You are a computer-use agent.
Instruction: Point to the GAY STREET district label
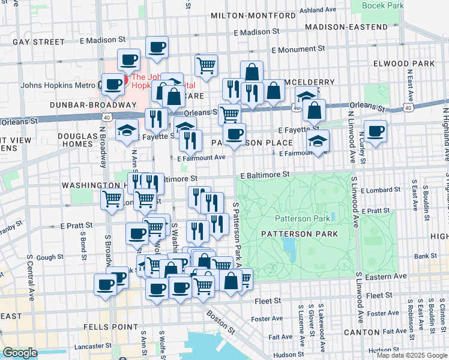38,42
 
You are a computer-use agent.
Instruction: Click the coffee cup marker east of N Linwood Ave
375,131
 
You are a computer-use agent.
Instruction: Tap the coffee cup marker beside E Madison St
157,47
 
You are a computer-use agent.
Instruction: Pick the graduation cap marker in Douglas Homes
127,130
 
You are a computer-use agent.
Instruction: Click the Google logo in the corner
20,353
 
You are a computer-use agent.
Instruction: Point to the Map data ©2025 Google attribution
412,355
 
